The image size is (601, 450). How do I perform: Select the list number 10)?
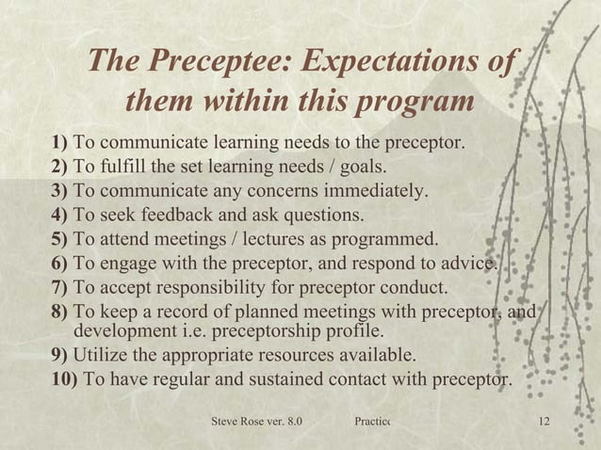click(x=67, y=380)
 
